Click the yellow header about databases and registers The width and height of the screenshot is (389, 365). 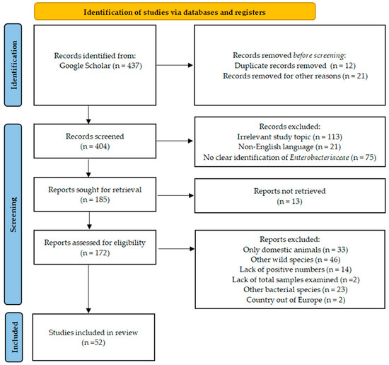[x=175, y=11]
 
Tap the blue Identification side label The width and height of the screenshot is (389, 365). [x=13, y=65]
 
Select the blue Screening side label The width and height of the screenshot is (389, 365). [x=13, y=214]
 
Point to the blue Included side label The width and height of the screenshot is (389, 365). [x=14, y=337]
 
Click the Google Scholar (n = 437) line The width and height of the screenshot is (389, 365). [x=100, y=66]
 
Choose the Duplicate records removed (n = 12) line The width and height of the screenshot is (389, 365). [x=295, y=66]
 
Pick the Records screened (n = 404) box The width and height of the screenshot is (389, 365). [x=95, y=141]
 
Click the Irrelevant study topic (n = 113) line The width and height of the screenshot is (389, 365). [x=289, y=137]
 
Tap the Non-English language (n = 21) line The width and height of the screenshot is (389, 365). [x=289, y=147]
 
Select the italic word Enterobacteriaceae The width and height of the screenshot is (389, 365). [x=319, y=157]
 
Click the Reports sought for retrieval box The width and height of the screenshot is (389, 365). [x=95, y=195]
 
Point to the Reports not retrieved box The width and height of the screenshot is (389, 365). [x=290, y=195]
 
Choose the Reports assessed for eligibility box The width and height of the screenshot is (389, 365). [x=95, y=247]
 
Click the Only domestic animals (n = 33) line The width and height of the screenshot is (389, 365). [x=295, y=250]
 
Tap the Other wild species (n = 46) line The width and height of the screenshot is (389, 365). [x=295, y=260]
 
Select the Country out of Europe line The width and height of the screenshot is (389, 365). [x=296, y=300]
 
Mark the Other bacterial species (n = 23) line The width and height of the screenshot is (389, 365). [x=295, y=289]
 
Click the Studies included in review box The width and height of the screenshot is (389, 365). [x=93, y=337]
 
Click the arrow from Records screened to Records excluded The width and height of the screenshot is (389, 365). [x=175, y=141]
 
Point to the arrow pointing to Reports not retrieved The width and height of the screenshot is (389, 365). [x=175, y=195]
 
